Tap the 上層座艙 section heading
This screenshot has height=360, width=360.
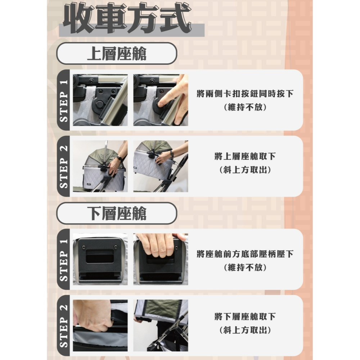coord(117,54)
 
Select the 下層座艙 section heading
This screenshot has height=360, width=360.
coord(117,214)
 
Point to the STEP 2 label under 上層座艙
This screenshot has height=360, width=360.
coord(64,166)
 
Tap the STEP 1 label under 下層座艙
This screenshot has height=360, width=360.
coord(64,260)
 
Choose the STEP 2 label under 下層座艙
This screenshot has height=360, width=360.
coord(64,326)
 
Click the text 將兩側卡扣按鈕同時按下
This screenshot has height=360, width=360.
coord(245,94)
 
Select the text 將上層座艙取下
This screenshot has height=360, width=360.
coord(245,157)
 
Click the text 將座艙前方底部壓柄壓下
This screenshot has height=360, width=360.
coord(245,255)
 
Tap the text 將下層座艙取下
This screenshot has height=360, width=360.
coord(245,317)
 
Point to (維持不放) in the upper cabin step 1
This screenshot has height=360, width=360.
coord(245,107)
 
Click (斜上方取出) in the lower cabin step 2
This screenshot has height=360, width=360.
coord(245,330)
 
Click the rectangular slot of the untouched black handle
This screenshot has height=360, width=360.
coord(100,257)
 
